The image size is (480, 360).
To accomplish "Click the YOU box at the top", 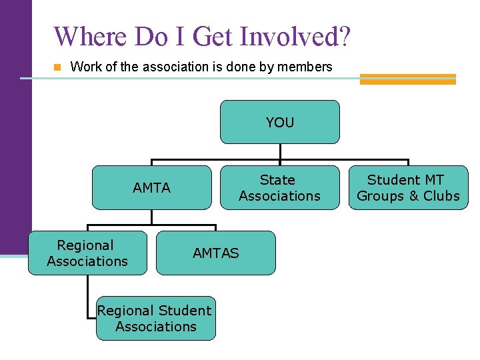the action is click(279, 122).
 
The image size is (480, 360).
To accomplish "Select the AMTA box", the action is click(151, 187).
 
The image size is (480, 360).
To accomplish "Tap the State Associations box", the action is click(279, 187).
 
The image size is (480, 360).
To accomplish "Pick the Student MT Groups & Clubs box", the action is click(408, 187).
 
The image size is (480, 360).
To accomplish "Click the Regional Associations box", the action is click(87, 253).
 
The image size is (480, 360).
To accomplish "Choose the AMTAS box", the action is click(215, 253).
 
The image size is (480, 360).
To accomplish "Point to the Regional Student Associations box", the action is click(155, 319).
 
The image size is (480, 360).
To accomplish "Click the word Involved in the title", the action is click(290, 37).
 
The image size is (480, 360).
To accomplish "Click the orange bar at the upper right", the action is click(407, 79).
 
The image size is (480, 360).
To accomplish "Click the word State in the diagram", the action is click(277, 180).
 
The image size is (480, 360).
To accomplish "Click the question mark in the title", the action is click(343, 37).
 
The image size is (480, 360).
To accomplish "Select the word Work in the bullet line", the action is click(83, 67).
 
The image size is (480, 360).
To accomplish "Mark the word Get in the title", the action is click(211, 37).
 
